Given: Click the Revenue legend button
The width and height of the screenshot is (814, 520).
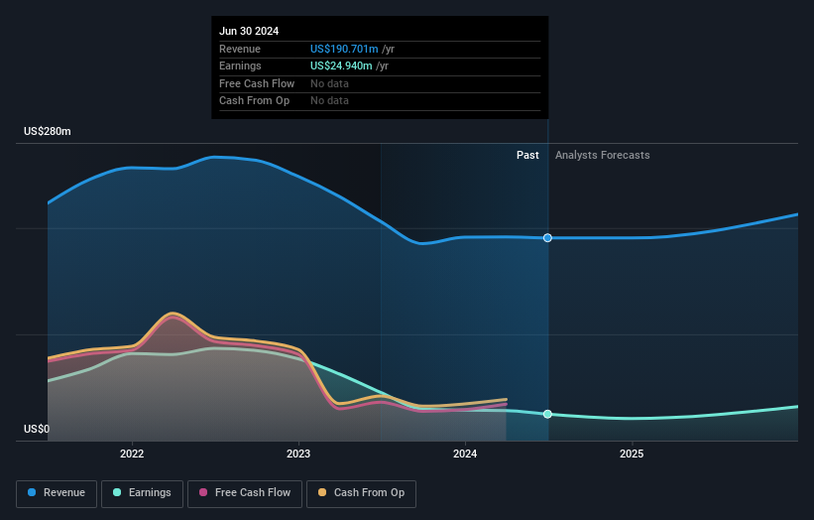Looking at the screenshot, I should (x=57, y=493).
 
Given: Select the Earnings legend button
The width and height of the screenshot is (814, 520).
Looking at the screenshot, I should (x=142, y=493).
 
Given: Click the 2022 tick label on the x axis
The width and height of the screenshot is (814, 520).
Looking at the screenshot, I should (x=132, y=454).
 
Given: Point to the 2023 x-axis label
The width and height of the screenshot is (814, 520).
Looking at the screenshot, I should (x=298, y=454).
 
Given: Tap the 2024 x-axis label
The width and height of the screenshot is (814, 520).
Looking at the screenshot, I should (x=465, y=454).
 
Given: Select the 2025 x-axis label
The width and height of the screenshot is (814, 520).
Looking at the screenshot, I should (x=632, y=454).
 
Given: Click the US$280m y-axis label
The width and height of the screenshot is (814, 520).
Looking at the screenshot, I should (x=48, y=132).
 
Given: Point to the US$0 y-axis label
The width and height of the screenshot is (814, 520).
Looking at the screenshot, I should (x=37, y=429).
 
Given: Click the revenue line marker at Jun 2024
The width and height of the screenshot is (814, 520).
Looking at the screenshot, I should (x=547, y=238).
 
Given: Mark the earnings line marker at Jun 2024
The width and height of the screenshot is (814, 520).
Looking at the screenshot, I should (x=547, y=414).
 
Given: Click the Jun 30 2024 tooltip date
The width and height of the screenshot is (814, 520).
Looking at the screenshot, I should (x=249, y=31).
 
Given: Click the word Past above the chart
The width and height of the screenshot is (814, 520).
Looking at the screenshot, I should (x=527, y=155).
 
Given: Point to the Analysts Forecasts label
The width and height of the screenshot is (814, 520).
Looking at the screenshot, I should (x=603, y=155).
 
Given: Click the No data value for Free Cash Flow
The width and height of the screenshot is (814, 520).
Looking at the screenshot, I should (x=330, y=84).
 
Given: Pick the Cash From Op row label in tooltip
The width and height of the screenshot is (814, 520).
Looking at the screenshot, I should (x=254, y=101).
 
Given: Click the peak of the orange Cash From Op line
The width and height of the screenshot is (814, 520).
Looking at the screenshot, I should (x=173, y=313).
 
